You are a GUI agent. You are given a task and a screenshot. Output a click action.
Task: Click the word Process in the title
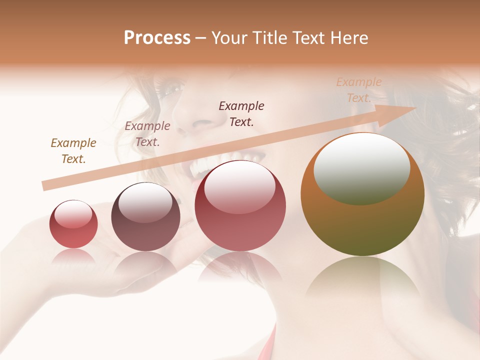(x=157, y=38)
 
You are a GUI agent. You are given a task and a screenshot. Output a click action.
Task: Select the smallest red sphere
(x=73, y=224)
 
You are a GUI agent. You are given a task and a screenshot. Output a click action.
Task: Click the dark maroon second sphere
(x=145, y=217)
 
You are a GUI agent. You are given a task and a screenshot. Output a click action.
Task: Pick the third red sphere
(x=240, y=206)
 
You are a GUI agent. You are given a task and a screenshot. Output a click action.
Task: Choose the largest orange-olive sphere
(x=362, y=195)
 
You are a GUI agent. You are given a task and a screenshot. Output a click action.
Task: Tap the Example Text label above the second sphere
(x=147, y=134)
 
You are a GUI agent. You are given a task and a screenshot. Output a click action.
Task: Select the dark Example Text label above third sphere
(x=241, y=113)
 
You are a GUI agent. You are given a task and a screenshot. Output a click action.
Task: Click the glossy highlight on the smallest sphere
(x=73, y=214)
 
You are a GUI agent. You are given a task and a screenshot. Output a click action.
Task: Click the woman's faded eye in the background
(x=172, y=90)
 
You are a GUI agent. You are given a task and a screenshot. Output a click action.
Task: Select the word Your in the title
(x=229, y=38)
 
